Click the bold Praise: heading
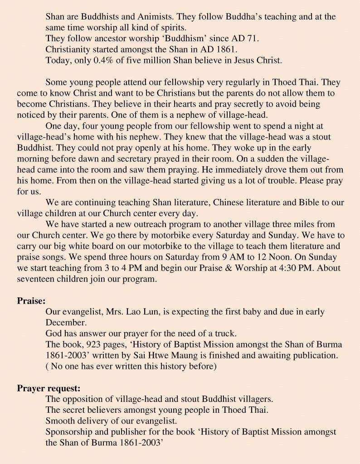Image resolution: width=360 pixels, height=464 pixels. (x=31, y=300)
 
